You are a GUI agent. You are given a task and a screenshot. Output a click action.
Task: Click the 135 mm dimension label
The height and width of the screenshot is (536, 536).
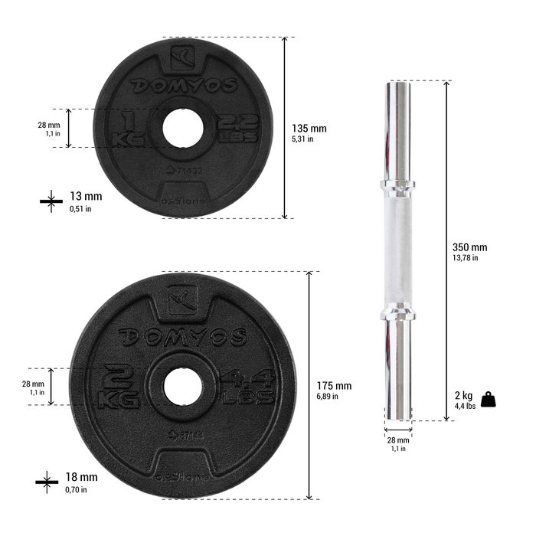tap(309, 129)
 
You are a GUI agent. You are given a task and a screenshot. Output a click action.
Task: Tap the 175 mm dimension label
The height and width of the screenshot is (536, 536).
tap(334, 386)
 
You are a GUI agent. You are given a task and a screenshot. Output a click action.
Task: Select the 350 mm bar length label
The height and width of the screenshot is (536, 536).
tap(469, 248)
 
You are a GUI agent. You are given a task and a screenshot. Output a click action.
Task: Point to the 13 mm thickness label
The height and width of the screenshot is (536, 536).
tap(85, 197)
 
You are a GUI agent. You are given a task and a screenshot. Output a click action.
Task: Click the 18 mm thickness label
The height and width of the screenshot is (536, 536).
tap(83, 477)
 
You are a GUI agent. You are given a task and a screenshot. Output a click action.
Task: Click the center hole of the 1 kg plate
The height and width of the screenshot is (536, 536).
tap(182, 128)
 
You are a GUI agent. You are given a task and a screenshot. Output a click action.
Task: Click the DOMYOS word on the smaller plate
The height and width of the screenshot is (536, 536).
tap(183, 85)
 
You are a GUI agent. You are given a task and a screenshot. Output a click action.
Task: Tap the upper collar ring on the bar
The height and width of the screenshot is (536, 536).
tap(397, 185)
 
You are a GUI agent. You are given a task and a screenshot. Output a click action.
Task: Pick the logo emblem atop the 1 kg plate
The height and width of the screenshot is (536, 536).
tap(183, 56)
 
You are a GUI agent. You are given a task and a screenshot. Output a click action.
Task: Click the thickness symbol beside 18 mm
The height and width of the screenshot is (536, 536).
tap(47, 481)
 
